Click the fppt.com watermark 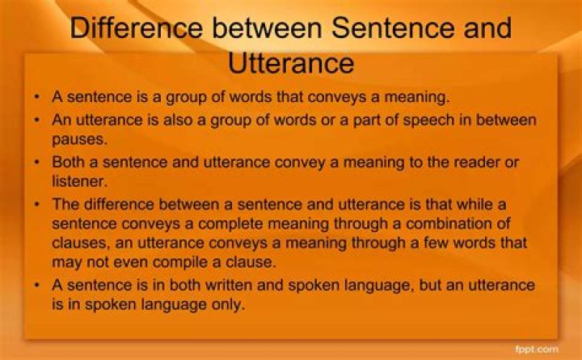coord(537,349)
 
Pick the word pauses coord(75,139)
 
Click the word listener coord(78,180)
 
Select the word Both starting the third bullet coord(69,161)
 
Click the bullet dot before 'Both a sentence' coord(38,161)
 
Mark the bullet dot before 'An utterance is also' coord(38,120)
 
